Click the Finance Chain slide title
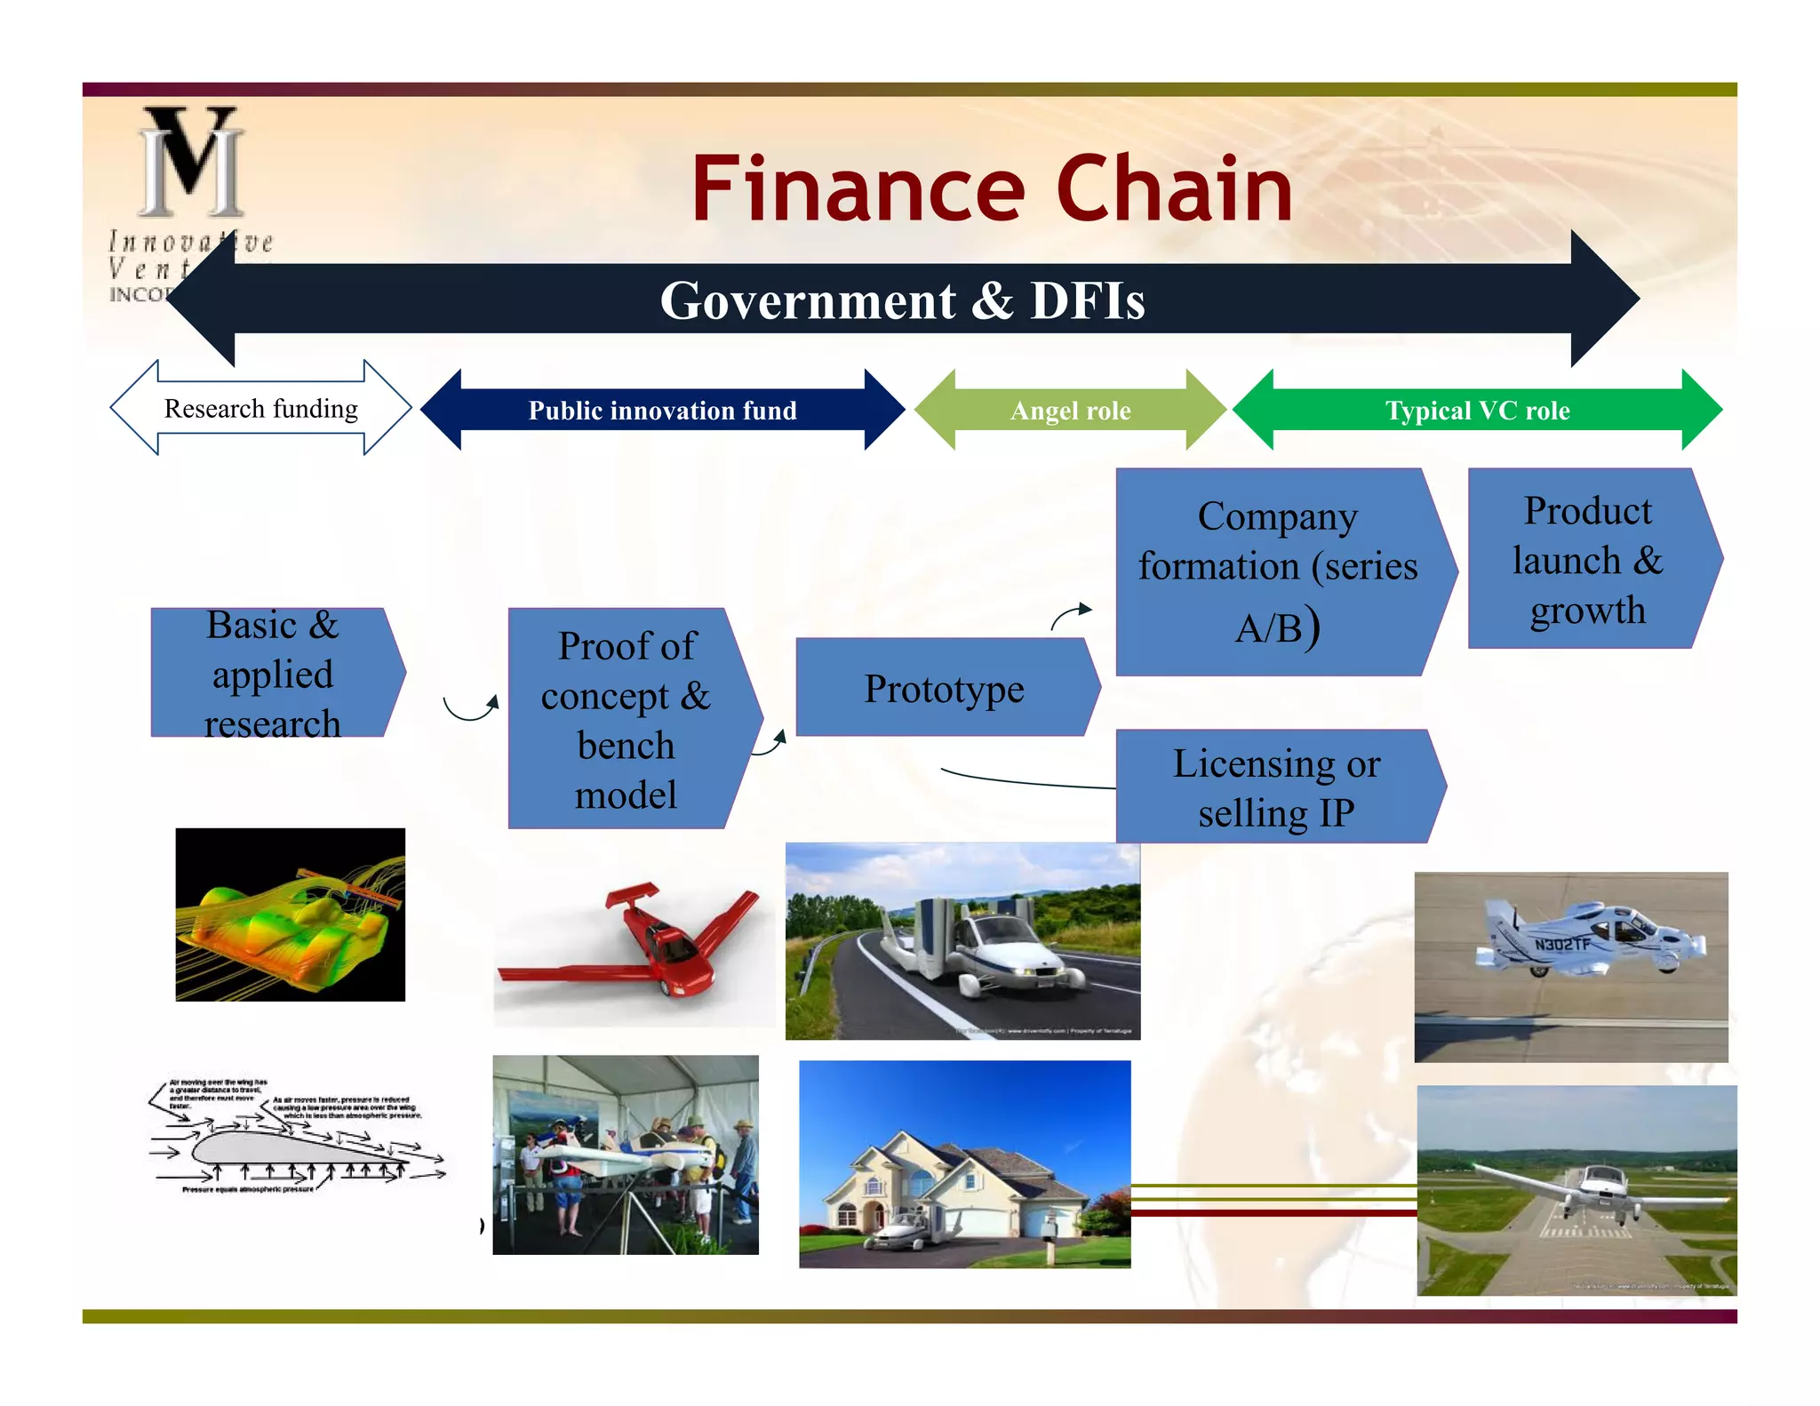click(991, 188)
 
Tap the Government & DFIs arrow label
click(902, 300)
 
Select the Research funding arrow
click(260, 409)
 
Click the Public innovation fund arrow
click(662, 411)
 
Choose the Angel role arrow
click(1070, 411)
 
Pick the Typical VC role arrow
click(1477, 411)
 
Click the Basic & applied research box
click(272, 674)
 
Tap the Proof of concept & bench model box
click(626, 719)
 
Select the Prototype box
click(944, 689)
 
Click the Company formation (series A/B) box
click(1277, 571)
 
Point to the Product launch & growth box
click(1587, 560)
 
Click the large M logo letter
click(192, 162)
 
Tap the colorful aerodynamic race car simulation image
click(290, 915)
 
